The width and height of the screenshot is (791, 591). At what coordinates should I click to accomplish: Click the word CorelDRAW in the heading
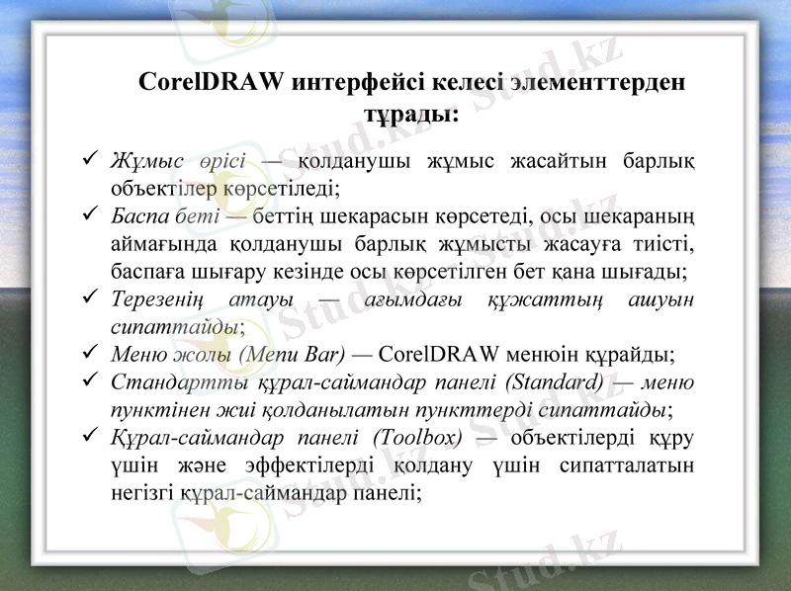(215, 81)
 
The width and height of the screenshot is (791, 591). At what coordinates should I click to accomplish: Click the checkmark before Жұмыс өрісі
(90, 158)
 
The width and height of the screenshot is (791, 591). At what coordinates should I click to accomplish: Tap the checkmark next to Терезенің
(90, 297)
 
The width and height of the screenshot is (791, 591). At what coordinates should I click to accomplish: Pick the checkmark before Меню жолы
(90, 353)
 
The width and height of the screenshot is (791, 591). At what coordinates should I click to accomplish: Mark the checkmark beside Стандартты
(90, 380)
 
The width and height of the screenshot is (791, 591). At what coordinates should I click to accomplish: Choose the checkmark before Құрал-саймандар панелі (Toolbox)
(90, 436)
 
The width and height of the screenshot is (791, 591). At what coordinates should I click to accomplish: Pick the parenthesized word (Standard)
(554, 381)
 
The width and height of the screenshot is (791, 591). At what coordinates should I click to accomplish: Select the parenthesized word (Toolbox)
(418, 437)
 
